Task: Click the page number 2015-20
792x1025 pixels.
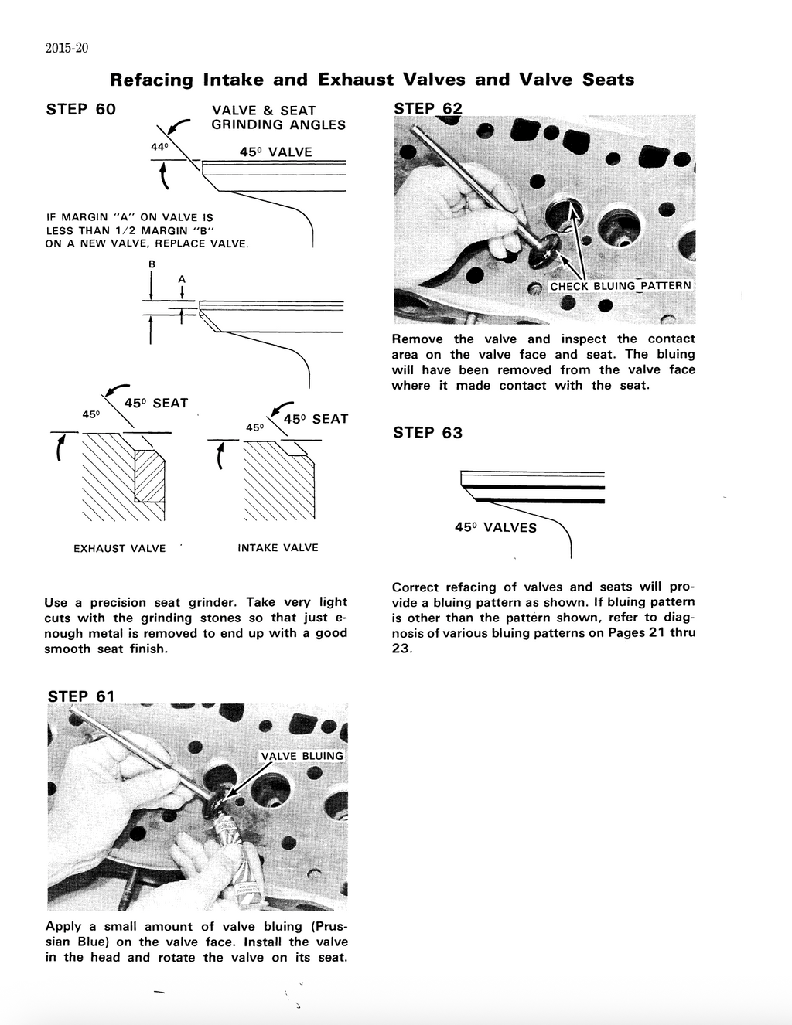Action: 67,48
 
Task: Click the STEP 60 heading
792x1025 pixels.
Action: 80,109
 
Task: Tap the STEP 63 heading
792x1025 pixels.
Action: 427,433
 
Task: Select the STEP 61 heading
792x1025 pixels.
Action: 80,696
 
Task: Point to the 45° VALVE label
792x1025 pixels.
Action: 275,152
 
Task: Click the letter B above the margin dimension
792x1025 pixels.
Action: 152,264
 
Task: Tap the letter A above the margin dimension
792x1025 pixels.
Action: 182,278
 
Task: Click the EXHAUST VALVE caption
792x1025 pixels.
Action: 119,549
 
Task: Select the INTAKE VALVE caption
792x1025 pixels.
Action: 278,548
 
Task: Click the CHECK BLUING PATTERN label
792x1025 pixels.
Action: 620,286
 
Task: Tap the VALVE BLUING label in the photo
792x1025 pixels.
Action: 302,756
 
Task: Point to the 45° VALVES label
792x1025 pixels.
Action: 495,528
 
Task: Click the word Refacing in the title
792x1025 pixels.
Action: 152,80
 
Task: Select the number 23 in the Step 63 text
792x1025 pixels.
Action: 401,649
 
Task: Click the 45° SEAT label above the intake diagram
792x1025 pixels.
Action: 316,419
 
